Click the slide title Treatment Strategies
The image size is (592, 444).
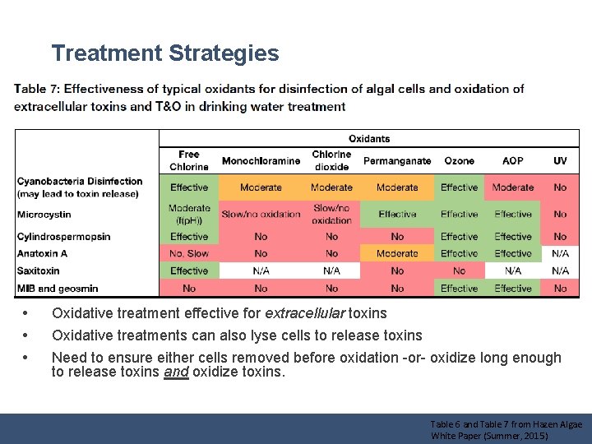[165, 54]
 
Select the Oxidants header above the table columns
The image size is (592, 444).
[369, 139]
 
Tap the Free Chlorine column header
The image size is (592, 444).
[189, 160]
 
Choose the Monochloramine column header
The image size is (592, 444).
[261, 161]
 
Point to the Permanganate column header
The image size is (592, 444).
[397, 161]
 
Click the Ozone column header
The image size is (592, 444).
[459, 161]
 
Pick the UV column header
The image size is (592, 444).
[560, 161]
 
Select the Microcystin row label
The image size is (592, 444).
[44, 215]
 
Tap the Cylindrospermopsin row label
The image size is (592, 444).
[63, 237]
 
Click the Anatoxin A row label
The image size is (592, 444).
[42, 254]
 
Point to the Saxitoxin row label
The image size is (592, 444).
[39, 271]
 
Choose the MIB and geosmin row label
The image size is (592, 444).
[57, 289]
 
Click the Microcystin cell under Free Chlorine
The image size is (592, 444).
[189, 214]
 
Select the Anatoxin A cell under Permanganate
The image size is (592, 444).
[397, 254]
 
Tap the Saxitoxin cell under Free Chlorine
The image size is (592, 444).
[189, 271]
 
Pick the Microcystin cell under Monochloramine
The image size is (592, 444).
[261, 215]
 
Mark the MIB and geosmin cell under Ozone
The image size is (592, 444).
[459, 289]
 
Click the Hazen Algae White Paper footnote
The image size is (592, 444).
[506, 430]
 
